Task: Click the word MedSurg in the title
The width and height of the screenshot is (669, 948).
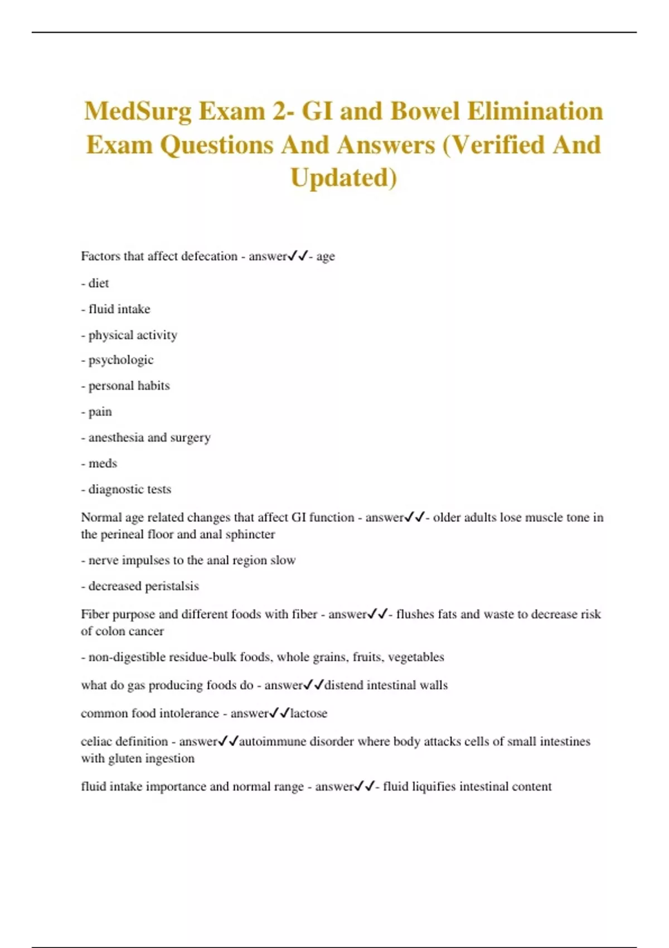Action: coord(138,112)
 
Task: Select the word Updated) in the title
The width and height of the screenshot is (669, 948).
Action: coord(343,178)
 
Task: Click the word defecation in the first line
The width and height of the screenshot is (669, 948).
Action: coord(209,257)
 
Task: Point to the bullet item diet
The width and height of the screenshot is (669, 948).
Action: coord(98,283)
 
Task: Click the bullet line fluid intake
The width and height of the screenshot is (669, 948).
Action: coord(119,309)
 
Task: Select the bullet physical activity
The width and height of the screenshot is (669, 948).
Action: coord(133,335)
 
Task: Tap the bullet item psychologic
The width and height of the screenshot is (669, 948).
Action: coord(120,360)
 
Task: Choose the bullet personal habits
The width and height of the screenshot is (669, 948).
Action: coord(129,386)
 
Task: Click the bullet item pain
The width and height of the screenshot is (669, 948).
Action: coord(100,412)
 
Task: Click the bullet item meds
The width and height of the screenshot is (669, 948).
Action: coord(103,463)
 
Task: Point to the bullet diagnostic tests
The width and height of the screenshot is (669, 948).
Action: coord(129,490)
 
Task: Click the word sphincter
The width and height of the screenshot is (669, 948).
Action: coord(250,534)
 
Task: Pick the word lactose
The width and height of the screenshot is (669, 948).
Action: coord(308,713)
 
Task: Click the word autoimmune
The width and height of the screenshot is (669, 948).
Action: coord(272,742)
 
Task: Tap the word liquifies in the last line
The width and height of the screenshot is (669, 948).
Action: coord(433,787)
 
